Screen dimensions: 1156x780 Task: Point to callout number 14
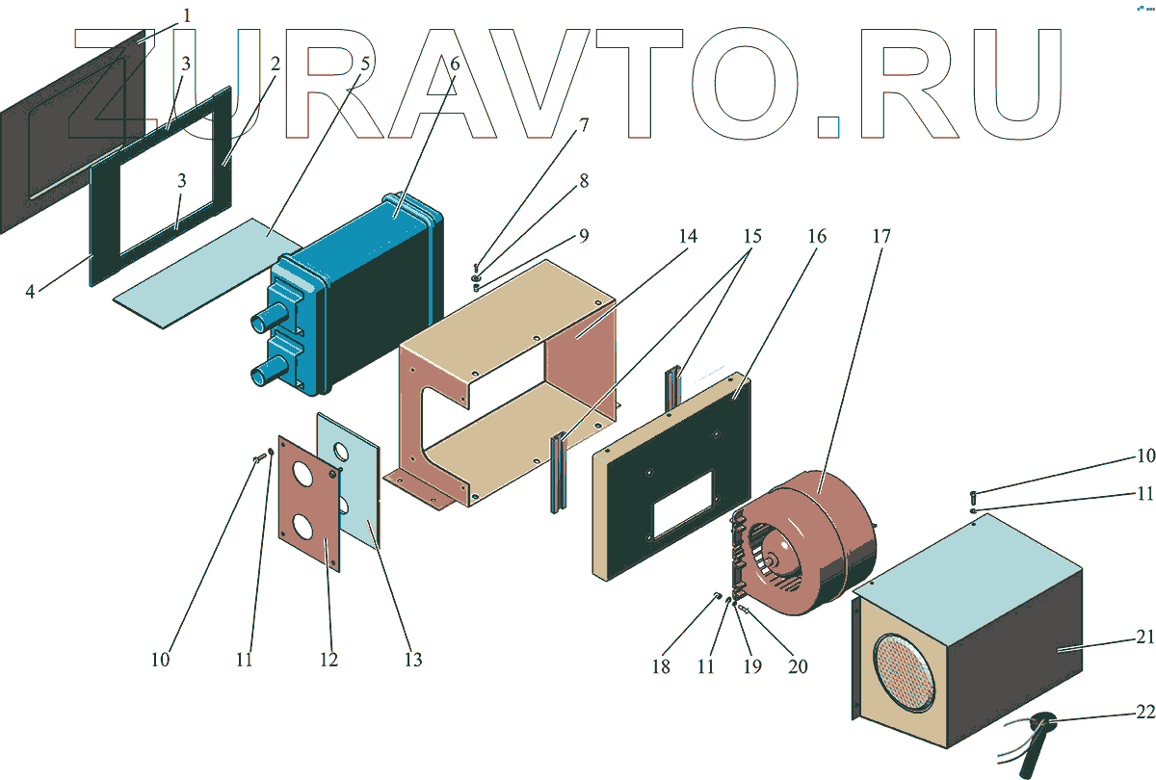(x=686, y=235)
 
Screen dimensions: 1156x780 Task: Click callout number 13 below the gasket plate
(x=412, y=660)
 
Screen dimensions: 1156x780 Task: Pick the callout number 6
(x=454, y=64)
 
